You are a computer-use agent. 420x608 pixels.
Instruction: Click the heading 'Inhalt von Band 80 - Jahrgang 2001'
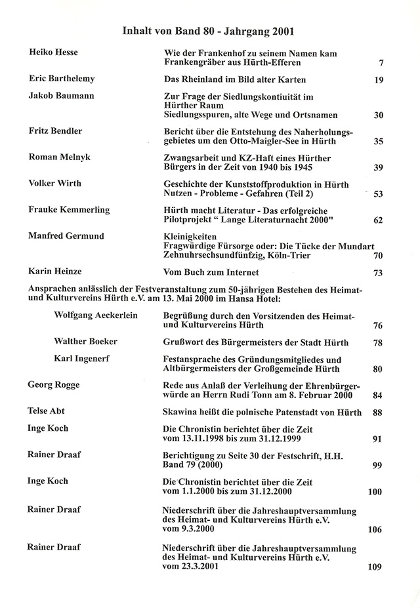[x=209, y=30]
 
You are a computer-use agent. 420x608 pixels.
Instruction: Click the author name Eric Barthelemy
[x=62, y=79]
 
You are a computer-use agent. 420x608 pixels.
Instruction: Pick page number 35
[x=378, y=141]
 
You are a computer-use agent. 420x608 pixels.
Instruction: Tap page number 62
[x=378, y=220]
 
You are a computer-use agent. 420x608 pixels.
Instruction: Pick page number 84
[x=377, y=395]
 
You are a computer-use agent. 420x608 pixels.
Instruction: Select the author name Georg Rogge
[x=53, y=385]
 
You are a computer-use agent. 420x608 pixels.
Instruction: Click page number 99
[x=377, y=465]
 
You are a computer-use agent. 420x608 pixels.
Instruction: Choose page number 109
[x=375, y=567]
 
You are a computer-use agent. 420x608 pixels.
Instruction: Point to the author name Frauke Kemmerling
[x=69, y=210]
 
